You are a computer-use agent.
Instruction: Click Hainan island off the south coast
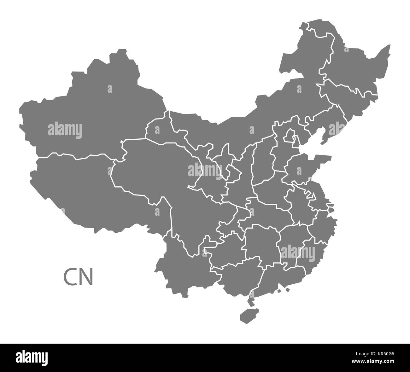(247, 315)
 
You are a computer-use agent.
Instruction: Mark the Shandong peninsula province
(303, 167)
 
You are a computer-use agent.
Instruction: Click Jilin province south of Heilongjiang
(347, 91)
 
